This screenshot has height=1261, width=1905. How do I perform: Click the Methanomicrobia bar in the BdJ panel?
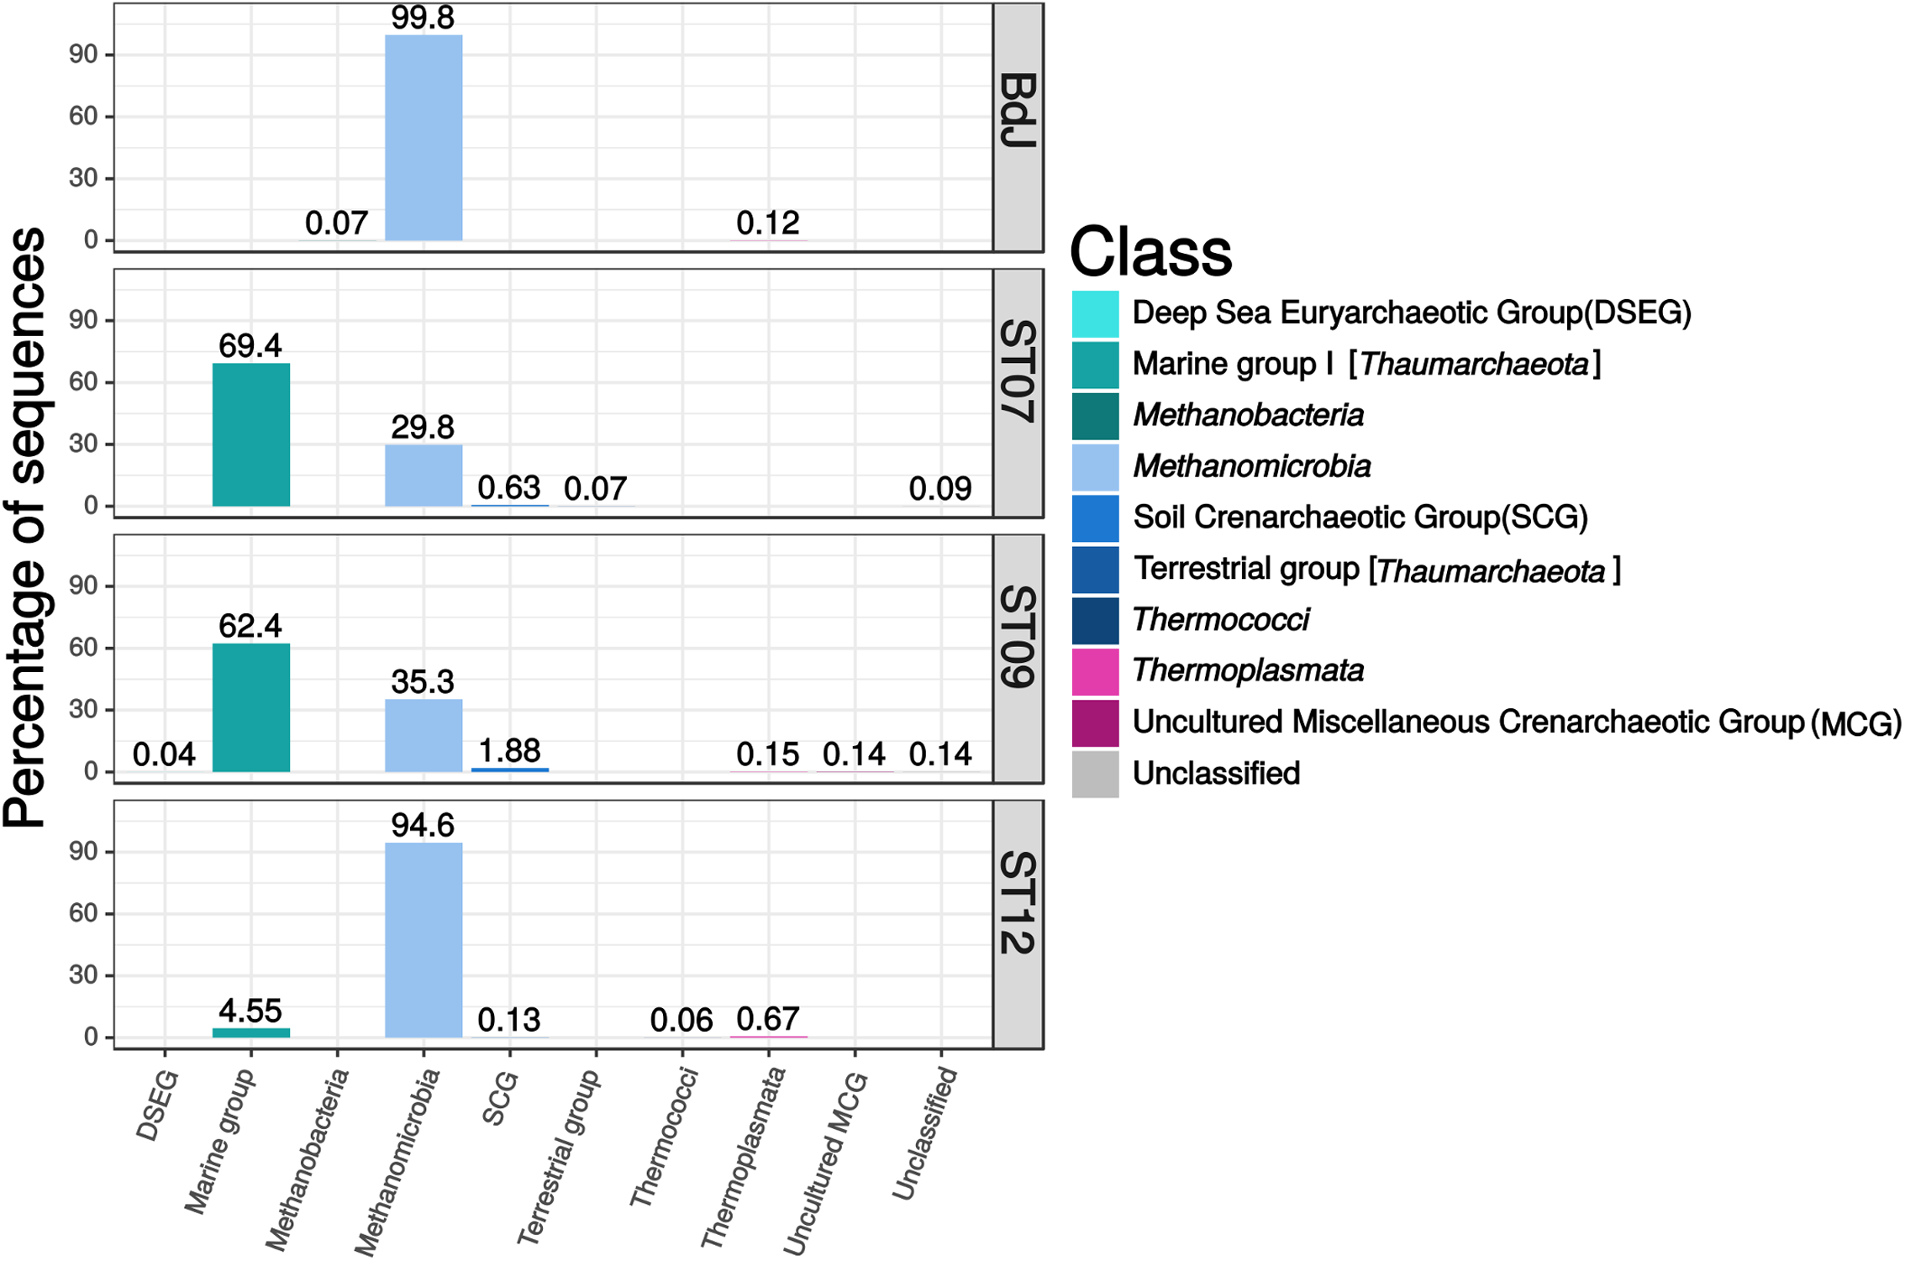424,138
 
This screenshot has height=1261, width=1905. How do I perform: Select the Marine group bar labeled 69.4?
251,434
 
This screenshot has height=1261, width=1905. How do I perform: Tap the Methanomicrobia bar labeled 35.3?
424,735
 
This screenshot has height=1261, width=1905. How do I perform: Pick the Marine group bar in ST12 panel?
251,1032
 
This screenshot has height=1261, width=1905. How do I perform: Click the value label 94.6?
423,826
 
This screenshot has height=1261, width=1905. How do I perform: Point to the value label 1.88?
509,751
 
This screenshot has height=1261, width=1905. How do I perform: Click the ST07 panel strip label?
1018,371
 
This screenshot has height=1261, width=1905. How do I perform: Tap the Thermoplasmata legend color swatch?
1095,671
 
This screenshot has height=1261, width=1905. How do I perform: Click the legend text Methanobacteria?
1248,415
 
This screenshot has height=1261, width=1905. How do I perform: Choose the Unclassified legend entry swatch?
1095,774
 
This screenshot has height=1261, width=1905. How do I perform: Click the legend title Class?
1150,251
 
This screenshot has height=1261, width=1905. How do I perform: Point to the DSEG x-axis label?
158,1105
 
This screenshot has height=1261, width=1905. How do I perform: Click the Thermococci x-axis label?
664,1137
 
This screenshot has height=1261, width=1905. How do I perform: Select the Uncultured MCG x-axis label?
825,1163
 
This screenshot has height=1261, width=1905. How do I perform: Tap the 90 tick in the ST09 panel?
83,586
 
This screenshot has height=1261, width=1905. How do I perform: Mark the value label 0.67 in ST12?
767,1020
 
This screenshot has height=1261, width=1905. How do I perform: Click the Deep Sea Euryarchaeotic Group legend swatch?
1095,313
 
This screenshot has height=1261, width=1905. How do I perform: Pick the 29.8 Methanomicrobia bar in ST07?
424,476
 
